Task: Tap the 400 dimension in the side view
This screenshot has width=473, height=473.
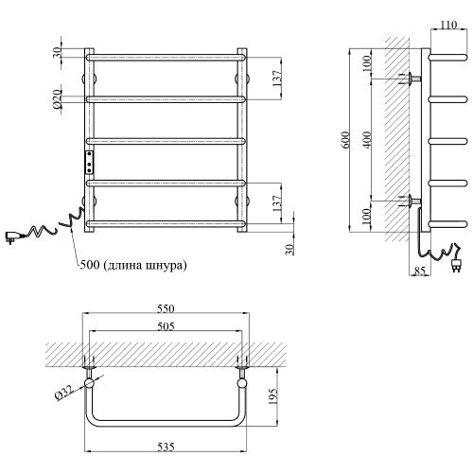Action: click(x=367, y=140)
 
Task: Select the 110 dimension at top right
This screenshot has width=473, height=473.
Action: click(x=448, y=25)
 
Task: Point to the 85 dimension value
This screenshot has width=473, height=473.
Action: click(x=419, y=271)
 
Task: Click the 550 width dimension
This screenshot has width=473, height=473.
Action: click(x=166, y=308)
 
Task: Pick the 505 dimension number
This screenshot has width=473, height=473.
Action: click(x=166, y=326)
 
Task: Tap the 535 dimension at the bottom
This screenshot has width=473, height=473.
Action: click(x=166, y=447)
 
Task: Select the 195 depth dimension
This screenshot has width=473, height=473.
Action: click(x=272, y=397)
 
